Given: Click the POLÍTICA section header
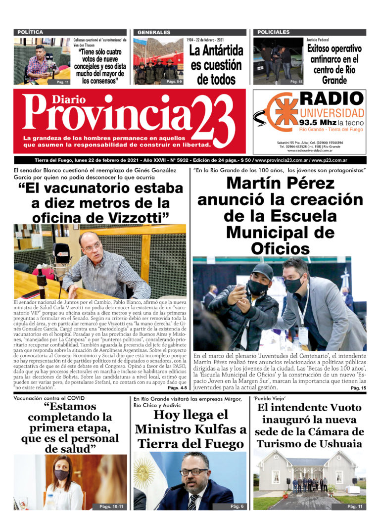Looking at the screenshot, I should coord(30,32).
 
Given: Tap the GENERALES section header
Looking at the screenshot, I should coord(154,32).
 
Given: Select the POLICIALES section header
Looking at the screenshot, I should coord(274,32).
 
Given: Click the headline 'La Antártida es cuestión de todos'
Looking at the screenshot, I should coord(216,65).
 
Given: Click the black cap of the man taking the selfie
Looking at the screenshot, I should coord(262,271).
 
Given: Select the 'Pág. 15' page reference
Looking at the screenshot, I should coord(358,388).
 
